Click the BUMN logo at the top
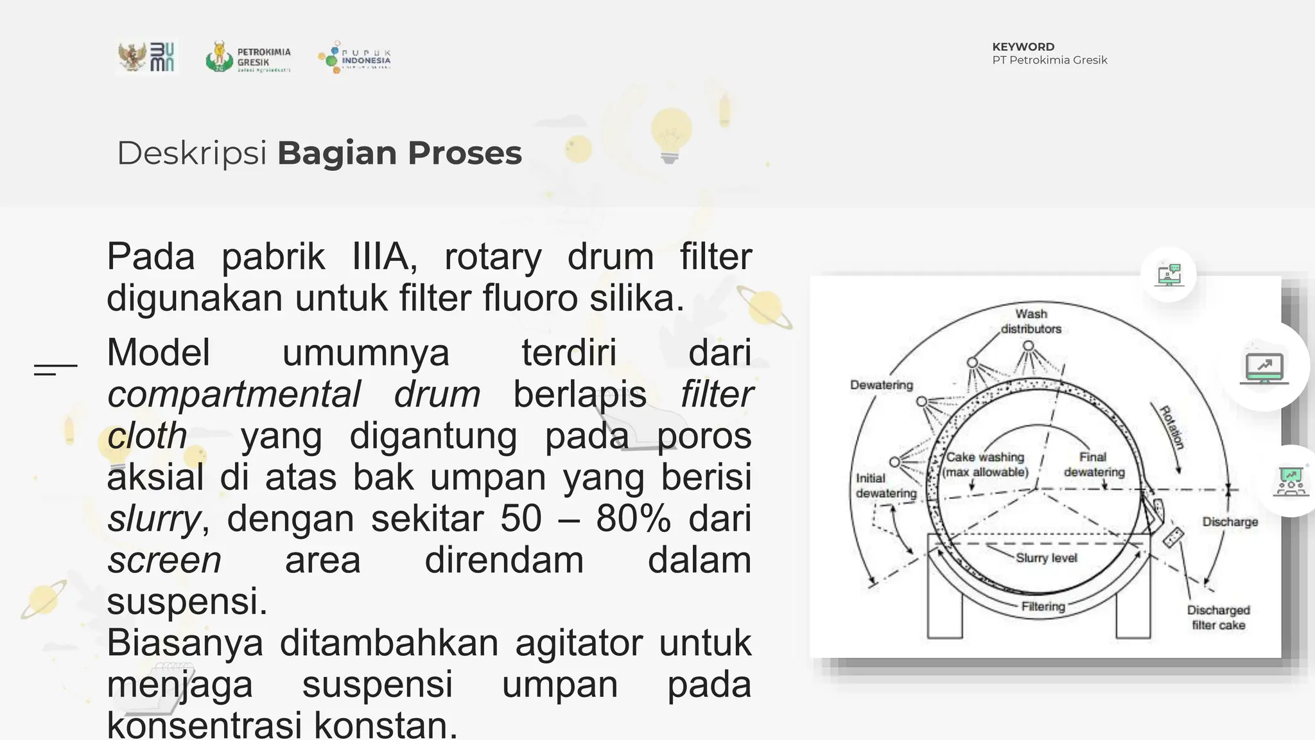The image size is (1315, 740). (x=147, y=57)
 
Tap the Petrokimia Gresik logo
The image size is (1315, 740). (x=248, y=57)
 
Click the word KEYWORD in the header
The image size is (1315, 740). (x=1023, y=47)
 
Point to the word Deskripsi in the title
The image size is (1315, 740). (x=191, y=154)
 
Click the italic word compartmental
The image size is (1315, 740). (x=234, y=394)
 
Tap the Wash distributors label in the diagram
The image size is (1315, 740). (x=1031, y=321)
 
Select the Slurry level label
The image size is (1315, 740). (x=1046, y=558)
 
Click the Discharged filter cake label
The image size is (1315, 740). (x=1218, y=617)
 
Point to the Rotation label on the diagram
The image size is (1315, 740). (x=1172, y=427)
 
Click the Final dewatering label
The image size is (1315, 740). (x=1094, y=464)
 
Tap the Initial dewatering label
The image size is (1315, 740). (x=885, y=486)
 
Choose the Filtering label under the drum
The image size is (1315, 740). (x=1043, y=606)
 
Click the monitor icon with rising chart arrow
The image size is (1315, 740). (x=1264, y=367)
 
